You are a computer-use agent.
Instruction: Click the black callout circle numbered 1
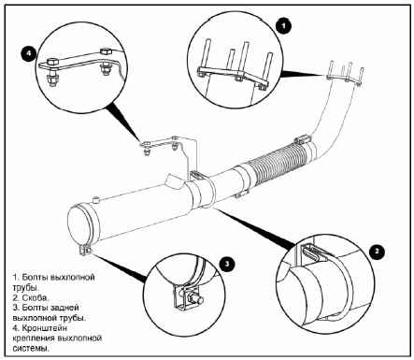pyautogui.click(x=283, y=26)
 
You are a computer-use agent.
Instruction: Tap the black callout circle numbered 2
pyautogui.click(x=378, y=252)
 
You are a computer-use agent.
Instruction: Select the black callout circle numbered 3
pyautogui.click(x=227, y=265)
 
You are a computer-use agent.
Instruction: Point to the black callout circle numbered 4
pyautogui.click(x=28, y=53)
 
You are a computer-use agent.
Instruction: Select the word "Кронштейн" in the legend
pyautogui.click(x=45, y=328)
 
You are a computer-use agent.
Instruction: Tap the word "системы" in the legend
pyautogui.click(x=31, y=349)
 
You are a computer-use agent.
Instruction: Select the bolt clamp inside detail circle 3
pyautogui.click(x=187, y=297)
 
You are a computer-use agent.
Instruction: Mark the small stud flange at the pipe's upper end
pyautogui.click(x=345, y=73)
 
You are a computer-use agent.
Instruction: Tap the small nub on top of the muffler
pyautogui.click(x=95, y=199)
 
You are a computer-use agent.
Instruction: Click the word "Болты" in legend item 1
pyautogui.click(x=35, y=277)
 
